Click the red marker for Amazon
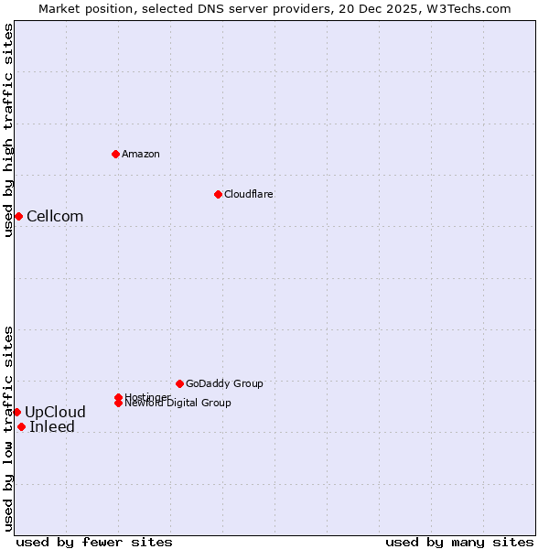click(x=115, y=154)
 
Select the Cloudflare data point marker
click(x=218, y=194)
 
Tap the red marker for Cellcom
click(x=18, y=216)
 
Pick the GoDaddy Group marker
click(x=179, y=383)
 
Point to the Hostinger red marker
click(x=118, y=397)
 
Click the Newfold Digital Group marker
click(x=119, y=403)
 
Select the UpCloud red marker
click(x=16, y=412)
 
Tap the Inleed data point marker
click(x=21, y=426)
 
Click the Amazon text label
click(x=141, y=154)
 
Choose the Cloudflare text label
click(x=249, y=194)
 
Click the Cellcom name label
click(x=55, y=217)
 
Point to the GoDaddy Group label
click(x=224, y=383)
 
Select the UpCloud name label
click(x=55, y=413)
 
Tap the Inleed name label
click(x=52, y=427)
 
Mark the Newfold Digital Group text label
click(x=178, y=404)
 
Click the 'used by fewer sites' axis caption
click(x=94, y=543)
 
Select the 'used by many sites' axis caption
click(x=459, y=543)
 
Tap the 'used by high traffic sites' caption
click(x=8, y=130)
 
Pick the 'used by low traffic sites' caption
click(x=8, y=428)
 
